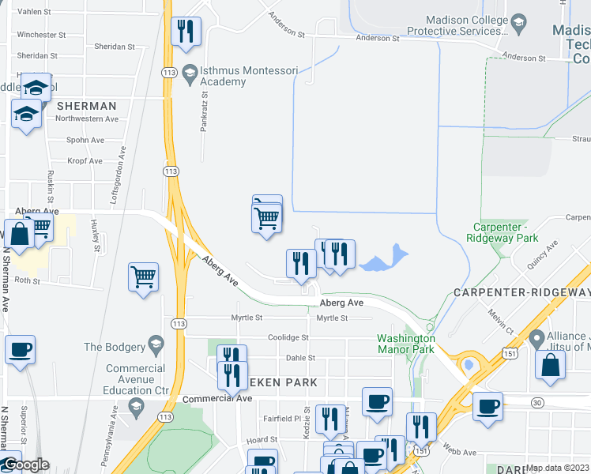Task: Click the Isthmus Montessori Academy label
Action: [231, 75]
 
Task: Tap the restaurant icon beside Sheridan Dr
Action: [186, 32]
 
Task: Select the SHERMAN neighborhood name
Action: [86, 106]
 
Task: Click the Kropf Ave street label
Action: [85, 161]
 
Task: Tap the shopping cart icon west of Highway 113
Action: [143, 277]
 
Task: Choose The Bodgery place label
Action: [115, 347]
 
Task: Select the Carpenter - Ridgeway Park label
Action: [501, 232]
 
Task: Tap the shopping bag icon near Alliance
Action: [549, 365]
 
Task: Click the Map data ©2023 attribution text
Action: [558, 468]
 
